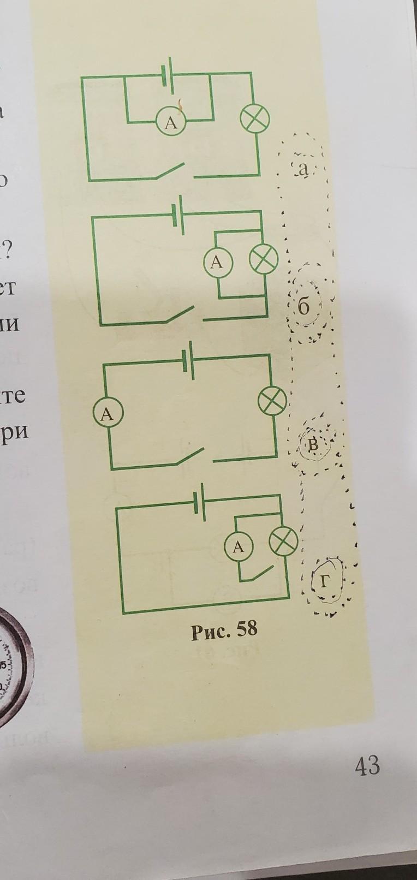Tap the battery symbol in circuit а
coord(168,75)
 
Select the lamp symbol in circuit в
coord(272,401)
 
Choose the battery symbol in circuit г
coord(200,501)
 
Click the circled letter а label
coord(304,170)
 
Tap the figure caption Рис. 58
coord(224,630)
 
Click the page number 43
coord(367,765)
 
